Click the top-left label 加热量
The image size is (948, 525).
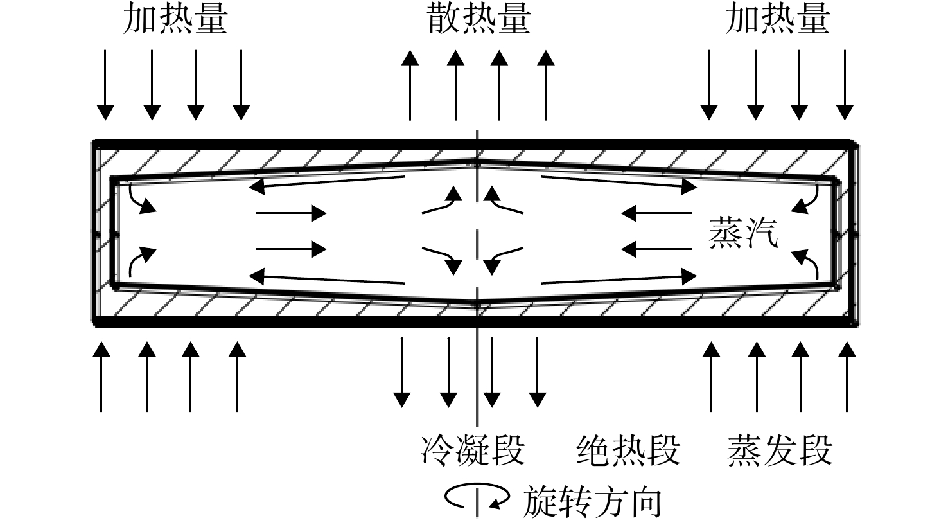coord(175,20)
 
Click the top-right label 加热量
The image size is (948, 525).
coord(778,20)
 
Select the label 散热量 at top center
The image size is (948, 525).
coord(478,20)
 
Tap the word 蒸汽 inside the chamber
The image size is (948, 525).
coord(744,233)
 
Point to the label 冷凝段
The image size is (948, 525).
coord(473,450)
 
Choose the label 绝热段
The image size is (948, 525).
coord(629,450)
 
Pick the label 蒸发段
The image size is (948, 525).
coord(780,450)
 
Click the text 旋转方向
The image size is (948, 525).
coord(592,502)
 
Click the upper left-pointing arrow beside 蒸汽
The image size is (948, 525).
coord(656,213)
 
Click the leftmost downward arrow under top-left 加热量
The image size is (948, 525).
coord(105,85)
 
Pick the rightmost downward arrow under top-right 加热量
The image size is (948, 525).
coord(845,85)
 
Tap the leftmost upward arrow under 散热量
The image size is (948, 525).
coord(410,85)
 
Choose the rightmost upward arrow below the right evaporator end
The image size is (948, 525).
coord(847,377)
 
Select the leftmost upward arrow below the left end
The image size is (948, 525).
coord(101,377)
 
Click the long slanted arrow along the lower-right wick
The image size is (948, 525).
coord(619,280)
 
